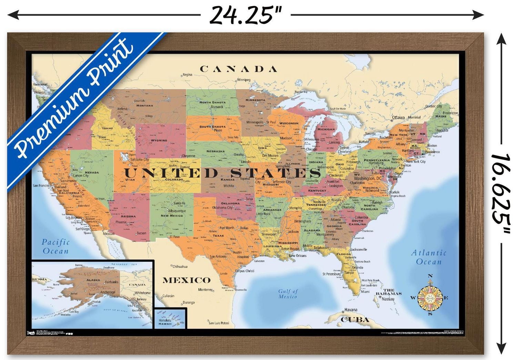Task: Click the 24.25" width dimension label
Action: pyautogui.click(x=245, y=15)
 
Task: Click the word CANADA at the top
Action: pyautogui.click(x=239, y=69)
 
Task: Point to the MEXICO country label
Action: pyautogui.click(x=186, y=280)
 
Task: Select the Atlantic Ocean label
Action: pyautogui.click(x=429, y=257)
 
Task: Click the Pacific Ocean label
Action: pyautogui.click(x=55, y=247)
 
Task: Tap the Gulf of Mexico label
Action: pyautogui.click(x=288, y=294)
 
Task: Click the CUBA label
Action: pyautogui.click(x=355, y=320)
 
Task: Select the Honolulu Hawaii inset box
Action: pyautogui.click(x=170, y=318)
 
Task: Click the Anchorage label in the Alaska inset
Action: pyautogui.click(x=108, y=292)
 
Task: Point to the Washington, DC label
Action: pyautogui.click(x=367, y=178)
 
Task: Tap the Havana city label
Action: pyautogui.click(x=351, y=310)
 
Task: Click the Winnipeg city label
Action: pyautogui.click(x=244, y=80)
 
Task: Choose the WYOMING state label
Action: pyautogui.click(x=159, y=140)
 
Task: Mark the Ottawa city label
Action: pyautogui.click(x=398, y=118)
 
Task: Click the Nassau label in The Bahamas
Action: pyautogui.click(x=388, y=299)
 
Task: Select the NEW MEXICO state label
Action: pyautogui.click(x=172, y=216)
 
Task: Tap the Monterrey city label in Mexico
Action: pyautogui.click(x=205, y=290)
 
